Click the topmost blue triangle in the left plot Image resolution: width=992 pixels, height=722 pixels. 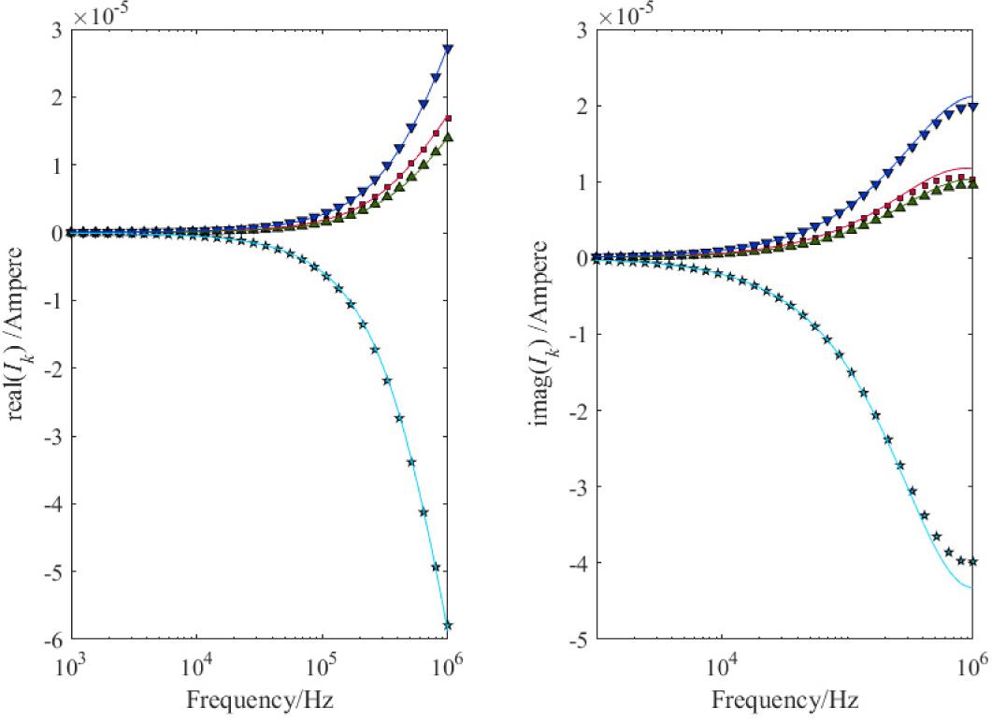(448, 49)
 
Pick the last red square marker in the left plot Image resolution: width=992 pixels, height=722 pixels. (448, 119)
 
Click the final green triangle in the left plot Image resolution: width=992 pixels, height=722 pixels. (448, 137)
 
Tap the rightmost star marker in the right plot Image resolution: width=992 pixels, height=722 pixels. (973, 562)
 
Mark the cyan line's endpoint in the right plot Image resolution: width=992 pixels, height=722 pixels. (973, 587)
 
